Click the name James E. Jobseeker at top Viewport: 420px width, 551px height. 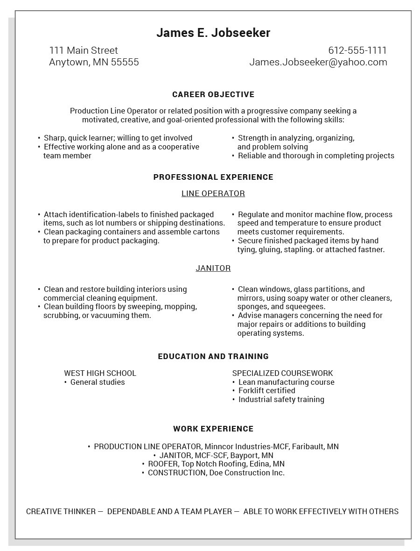click(213, 33)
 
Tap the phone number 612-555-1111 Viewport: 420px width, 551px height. click(357, 50)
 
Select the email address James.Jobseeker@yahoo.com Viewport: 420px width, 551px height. click(318, 62)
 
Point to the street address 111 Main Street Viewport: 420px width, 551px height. click(84, 50)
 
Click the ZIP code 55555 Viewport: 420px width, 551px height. click(125, 62)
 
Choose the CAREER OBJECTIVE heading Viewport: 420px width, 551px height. click(213, 94)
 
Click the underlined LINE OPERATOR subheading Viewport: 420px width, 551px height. click(213, 193)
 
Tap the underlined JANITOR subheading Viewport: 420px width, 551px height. click(213, 268)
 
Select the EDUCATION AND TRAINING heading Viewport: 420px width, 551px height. click(213, 356)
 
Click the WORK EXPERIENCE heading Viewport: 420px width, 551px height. click(213, 429)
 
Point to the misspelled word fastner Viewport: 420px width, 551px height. click(371, 249)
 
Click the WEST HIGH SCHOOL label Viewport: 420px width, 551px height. click(100, 373)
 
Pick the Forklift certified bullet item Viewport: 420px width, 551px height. click(266, 390)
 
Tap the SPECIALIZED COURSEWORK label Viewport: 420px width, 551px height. click(283, 373)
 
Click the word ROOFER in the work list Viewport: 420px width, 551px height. click(163, 464)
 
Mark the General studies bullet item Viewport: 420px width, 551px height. click(98, 382)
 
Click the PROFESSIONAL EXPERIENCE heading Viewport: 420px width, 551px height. click(213, 177)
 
